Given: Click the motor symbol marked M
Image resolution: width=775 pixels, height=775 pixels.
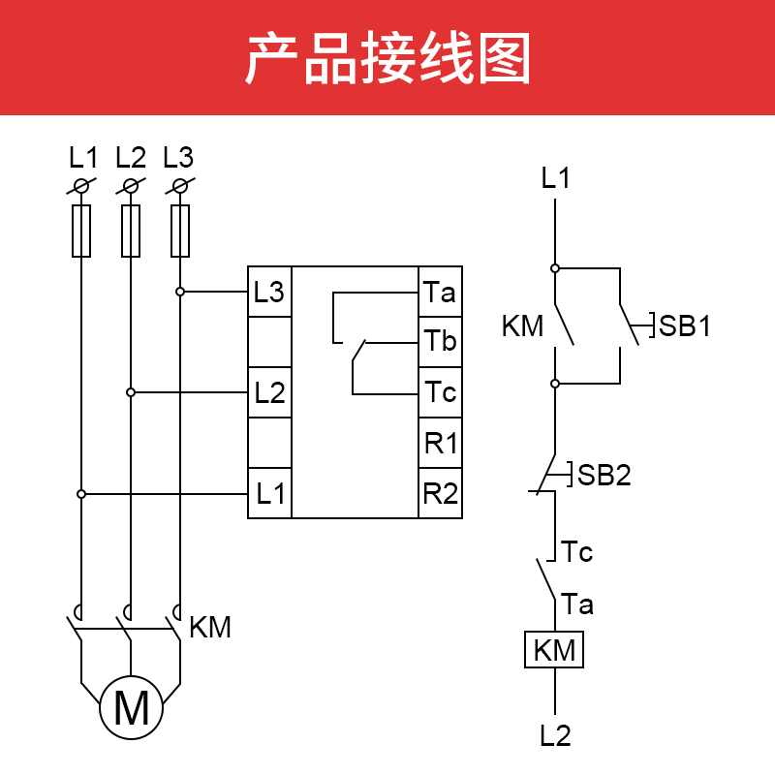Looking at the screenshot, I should click(x=132, y=707).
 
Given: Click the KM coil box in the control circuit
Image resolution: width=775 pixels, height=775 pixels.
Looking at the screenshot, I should click(x=555, y=650).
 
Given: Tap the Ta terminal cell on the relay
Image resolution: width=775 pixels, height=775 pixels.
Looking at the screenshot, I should click(x=440, y=292).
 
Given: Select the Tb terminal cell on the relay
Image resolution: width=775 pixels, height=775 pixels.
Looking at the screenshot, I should click(x=440, y=342).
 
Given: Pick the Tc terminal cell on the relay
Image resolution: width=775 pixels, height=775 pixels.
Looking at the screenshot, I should click(x=440, y=392).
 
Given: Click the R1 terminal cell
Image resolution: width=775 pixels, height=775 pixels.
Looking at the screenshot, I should click(x=440, y=444).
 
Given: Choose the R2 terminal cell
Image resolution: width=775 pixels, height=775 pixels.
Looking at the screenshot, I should click(x=440, y=494).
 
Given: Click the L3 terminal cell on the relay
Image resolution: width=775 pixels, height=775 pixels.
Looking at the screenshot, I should click(x=269, y=292).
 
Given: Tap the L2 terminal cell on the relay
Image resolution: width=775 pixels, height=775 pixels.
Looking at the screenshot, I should click(x=269, y=392).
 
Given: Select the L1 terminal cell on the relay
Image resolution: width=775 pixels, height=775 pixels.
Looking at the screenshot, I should click(x=269, y=494).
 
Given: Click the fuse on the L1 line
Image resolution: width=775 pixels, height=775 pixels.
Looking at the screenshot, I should click(x=81, y=231).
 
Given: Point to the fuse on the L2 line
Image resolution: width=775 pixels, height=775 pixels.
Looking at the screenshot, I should click(x=131, y=231).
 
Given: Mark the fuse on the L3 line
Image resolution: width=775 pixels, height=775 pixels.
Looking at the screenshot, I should click(x=180, y=231).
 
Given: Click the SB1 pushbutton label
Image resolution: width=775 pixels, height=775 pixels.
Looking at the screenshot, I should click(x=685, y=326).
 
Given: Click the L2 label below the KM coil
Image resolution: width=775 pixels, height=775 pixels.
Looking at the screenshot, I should click(x=556, y=736).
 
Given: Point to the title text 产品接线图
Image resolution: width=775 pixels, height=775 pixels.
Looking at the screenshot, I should click(x=387, y=58).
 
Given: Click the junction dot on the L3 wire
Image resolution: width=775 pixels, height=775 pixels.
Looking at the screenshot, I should click(x=180, y=292).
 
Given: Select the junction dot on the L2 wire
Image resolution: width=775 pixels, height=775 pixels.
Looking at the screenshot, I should click(x=131, y=392).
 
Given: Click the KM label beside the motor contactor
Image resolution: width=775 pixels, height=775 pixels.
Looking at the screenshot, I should click(x=210, y=628).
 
